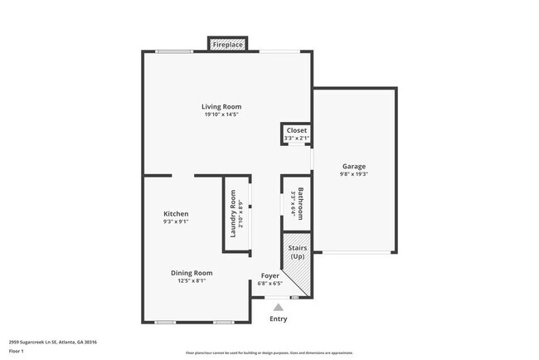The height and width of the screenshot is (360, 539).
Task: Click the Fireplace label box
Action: (x=227, y=44)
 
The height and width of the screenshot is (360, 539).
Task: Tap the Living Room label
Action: (x=221, y=106)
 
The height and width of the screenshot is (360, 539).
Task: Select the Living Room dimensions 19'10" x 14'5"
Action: (x=221, y=114)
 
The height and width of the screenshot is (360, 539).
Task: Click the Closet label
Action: (x=296, y=130)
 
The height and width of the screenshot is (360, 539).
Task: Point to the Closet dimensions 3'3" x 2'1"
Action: (x=296, y=138)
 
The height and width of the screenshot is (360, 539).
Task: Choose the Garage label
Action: (x=353, y=166)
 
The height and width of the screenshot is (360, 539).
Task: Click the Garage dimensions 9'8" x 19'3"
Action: (x=353, y=174)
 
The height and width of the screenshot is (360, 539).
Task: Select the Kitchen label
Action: (x=175, y=213)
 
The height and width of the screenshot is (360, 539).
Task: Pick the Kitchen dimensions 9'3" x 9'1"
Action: (x=175, y=221)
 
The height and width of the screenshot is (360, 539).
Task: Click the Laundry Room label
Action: (x=233, y=214)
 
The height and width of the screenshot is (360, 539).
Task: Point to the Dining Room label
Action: (x=192, y=273)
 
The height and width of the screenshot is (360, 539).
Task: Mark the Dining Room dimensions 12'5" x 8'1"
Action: (x=192, y=281)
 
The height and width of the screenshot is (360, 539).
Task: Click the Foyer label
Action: (x=270, y=275)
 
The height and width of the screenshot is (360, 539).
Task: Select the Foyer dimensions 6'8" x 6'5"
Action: (x=270, y=284)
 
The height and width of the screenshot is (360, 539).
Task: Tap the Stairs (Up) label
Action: (x=297, y=252)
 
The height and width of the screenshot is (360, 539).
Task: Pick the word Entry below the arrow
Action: (x=278, y=319)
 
